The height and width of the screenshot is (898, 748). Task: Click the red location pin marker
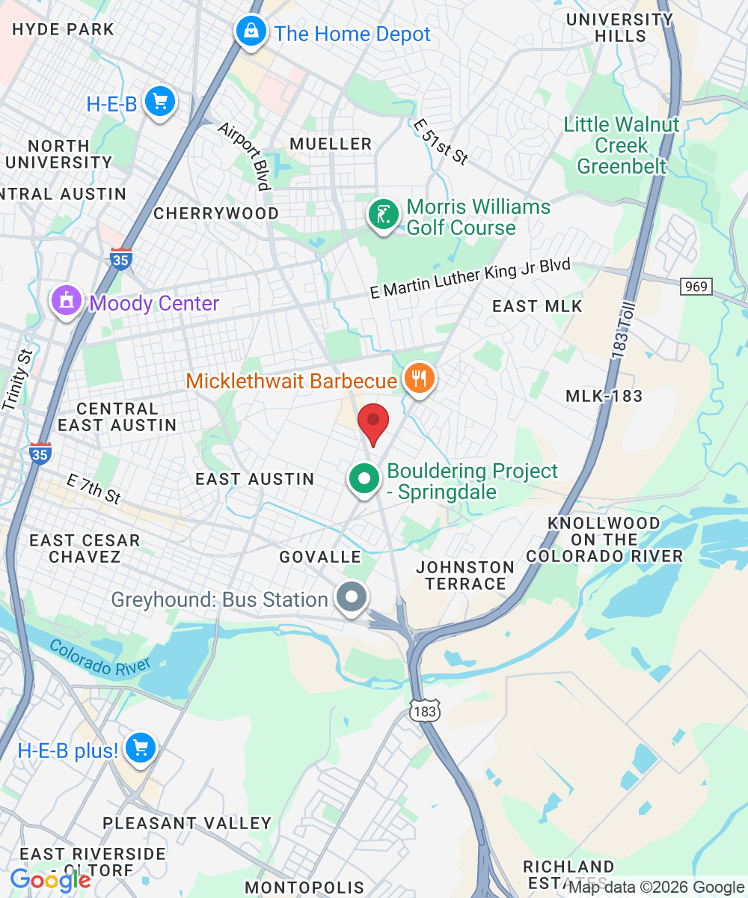pos(373,424)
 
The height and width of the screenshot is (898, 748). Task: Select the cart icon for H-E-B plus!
pos(140,748)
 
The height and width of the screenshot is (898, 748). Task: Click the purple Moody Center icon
pos(66,301)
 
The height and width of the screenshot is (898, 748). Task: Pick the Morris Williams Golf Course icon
pos(384,216)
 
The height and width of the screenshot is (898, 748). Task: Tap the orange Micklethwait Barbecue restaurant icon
pos(420,379)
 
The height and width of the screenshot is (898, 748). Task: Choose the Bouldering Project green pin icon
pos(364,479)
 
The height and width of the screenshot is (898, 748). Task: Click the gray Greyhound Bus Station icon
pos(351,598)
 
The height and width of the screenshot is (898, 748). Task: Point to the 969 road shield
pos(696,286)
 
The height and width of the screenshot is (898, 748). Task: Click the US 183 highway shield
pos(424,711)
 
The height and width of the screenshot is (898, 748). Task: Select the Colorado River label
pos(100,656)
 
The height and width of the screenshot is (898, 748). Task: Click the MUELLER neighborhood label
pos(331,144)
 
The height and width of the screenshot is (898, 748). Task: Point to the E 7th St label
pos(93,488)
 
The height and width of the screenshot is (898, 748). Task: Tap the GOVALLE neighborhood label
pos(320,557)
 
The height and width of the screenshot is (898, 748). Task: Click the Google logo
pos(50,880)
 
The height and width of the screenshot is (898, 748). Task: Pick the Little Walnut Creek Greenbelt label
pos(621,144)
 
